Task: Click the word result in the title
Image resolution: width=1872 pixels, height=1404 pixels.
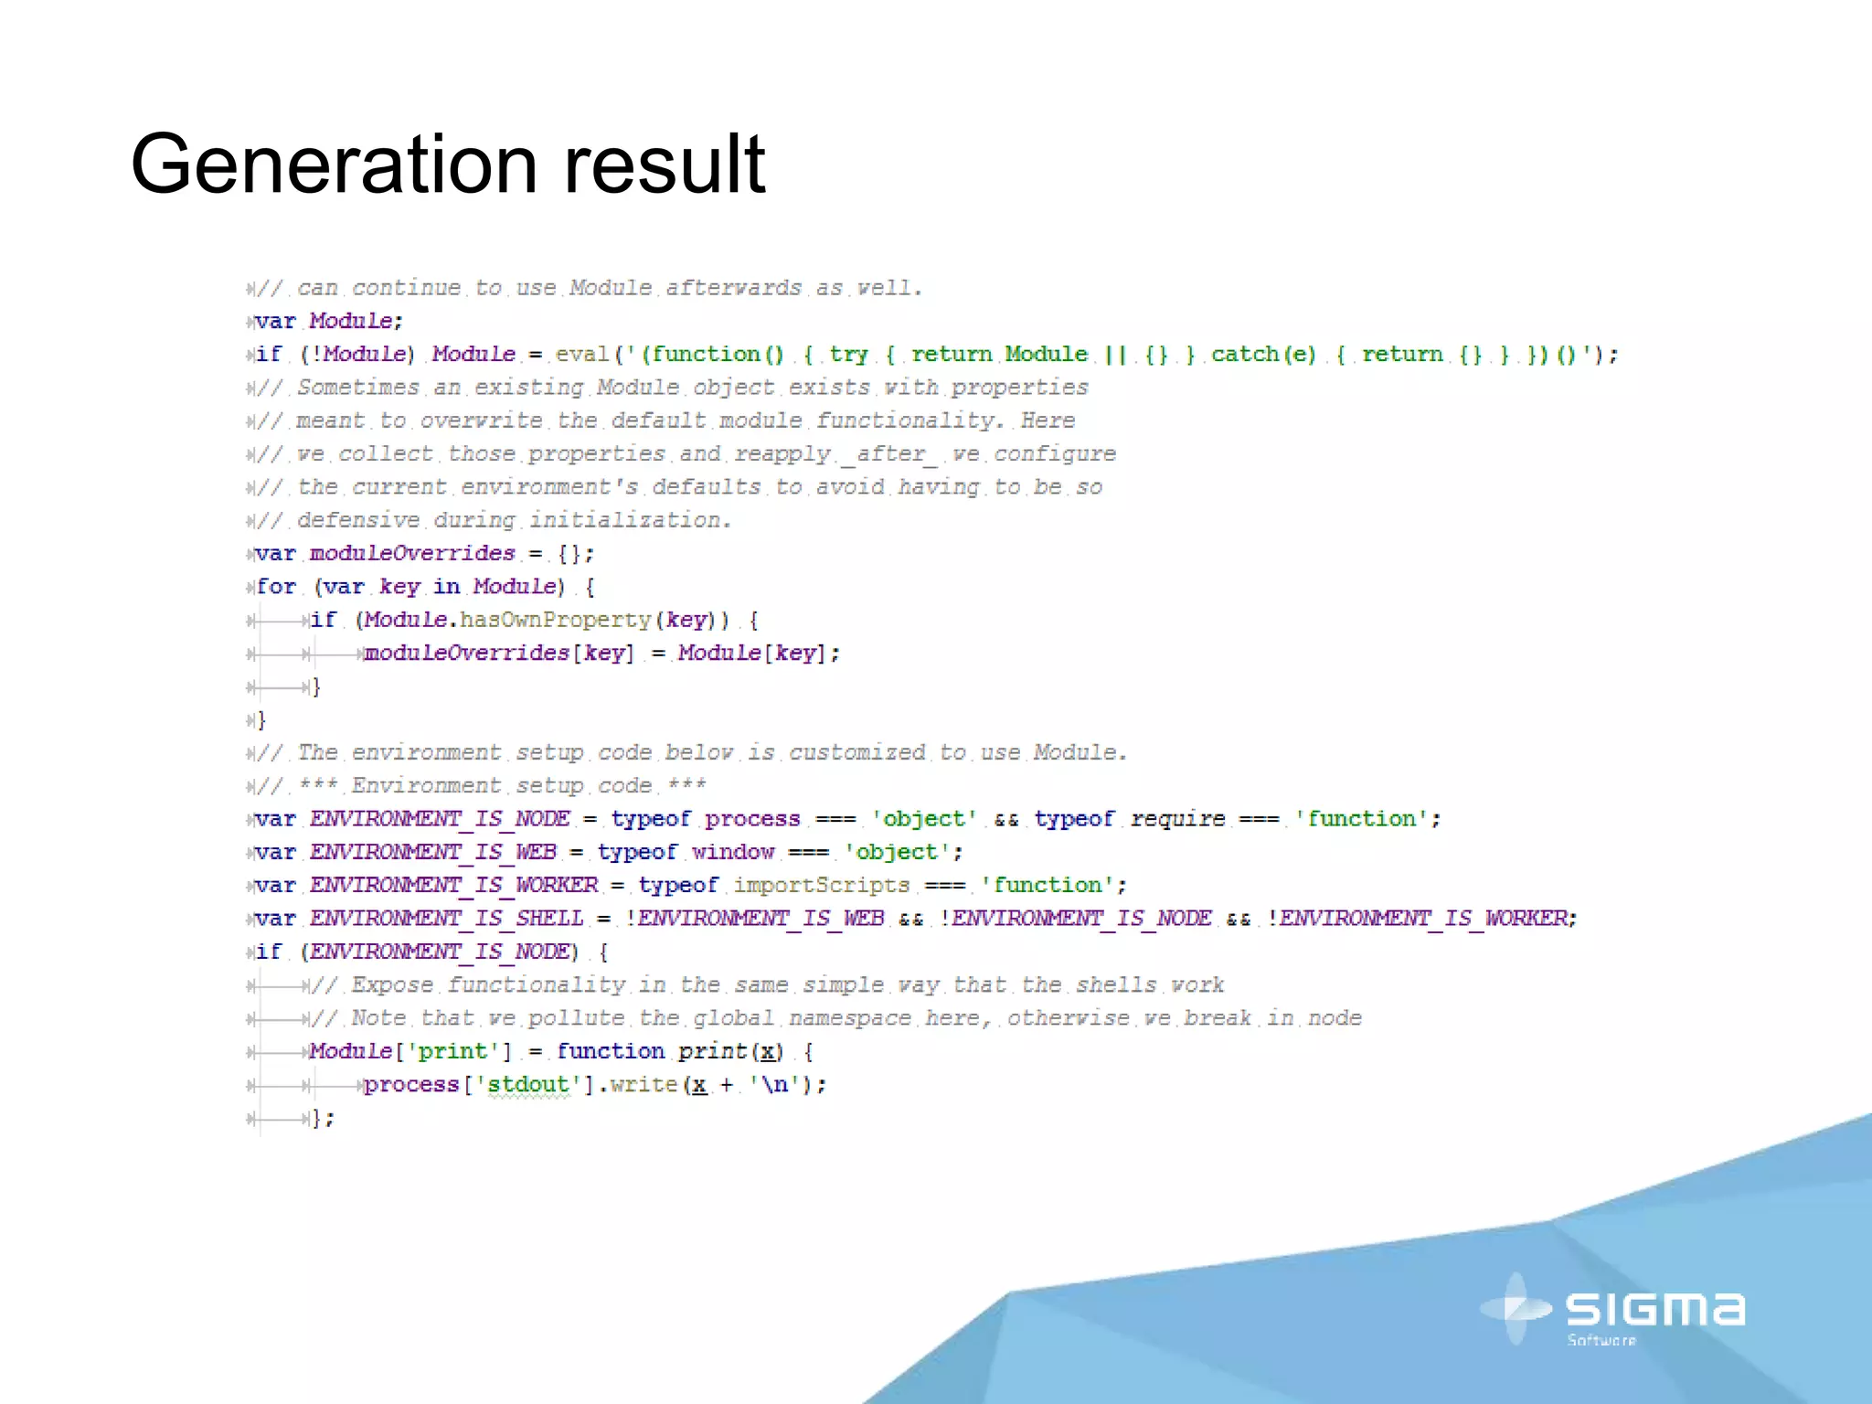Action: pos(665,165)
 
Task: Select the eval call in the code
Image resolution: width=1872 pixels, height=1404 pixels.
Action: pos(582,355)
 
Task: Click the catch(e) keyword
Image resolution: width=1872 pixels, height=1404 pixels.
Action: pos(1263,355)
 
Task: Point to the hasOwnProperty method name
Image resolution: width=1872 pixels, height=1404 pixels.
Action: pos(556,620)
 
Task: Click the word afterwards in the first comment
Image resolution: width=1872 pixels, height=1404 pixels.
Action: pos(733,288)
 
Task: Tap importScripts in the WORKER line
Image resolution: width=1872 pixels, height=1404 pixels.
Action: pos(821,886)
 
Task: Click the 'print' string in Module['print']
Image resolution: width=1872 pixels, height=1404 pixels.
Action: pos(452,1051)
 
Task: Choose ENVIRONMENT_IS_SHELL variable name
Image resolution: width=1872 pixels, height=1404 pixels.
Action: pos(446,919)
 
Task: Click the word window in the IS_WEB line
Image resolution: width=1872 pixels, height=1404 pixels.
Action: pos(732,852)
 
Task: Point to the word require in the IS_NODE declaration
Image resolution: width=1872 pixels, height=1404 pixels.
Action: pos(1177,819)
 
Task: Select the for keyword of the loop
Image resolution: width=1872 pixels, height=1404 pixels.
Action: pos(276,587)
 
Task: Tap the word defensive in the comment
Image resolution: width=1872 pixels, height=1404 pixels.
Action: pos(358,520)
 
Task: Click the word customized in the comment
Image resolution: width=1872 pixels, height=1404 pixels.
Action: pos(856,752)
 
